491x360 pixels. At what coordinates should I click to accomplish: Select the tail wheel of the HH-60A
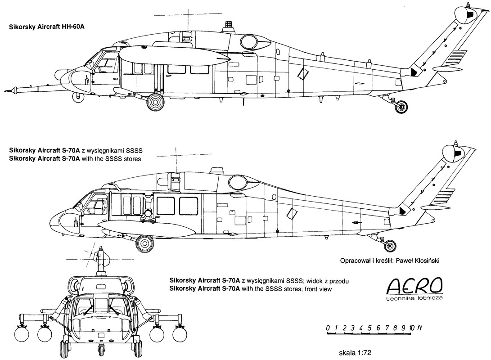(401, 106)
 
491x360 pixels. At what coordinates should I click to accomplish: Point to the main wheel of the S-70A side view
(144, 243)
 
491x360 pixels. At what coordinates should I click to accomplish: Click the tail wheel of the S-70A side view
(391, 245)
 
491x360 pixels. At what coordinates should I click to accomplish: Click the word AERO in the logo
(414, 285)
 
